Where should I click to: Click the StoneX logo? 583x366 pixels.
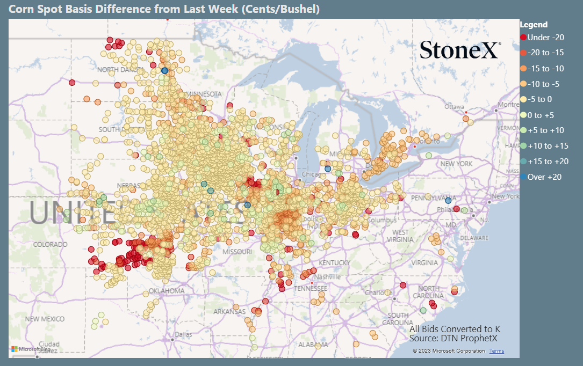click(x=460, y=50)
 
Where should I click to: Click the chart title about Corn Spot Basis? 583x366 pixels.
click(x=164, y=9)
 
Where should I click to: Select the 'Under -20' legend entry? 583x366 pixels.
click(x=542, y=37)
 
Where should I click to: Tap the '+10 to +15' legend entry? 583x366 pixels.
click(x=543, y=145)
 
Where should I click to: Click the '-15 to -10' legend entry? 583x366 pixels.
click(x=542, y=68)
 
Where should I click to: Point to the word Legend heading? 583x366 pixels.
click(x=534, y=24)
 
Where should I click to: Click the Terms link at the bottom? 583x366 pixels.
click(x=496, y=351)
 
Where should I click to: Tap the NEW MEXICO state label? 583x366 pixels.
click(x=45, y=319)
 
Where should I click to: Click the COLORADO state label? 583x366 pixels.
click(x=51, y=245)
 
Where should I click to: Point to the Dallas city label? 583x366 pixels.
click(x=183, y=334)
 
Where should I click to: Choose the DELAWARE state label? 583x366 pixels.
click(x=473, y=238)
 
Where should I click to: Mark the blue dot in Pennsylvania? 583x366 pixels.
click(x=448, y=200)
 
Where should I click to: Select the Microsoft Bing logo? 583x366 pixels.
click(x=31, y=349)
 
